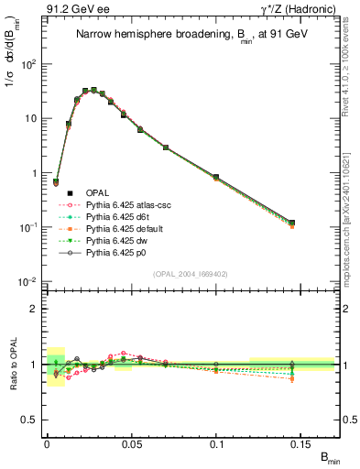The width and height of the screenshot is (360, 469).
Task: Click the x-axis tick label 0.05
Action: coord(132,443)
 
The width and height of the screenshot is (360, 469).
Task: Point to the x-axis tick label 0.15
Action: coord(302,443)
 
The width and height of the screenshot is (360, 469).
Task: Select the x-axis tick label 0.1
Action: coord(217,443)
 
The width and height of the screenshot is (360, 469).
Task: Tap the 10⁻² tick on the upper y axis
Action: coord(27,280)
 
